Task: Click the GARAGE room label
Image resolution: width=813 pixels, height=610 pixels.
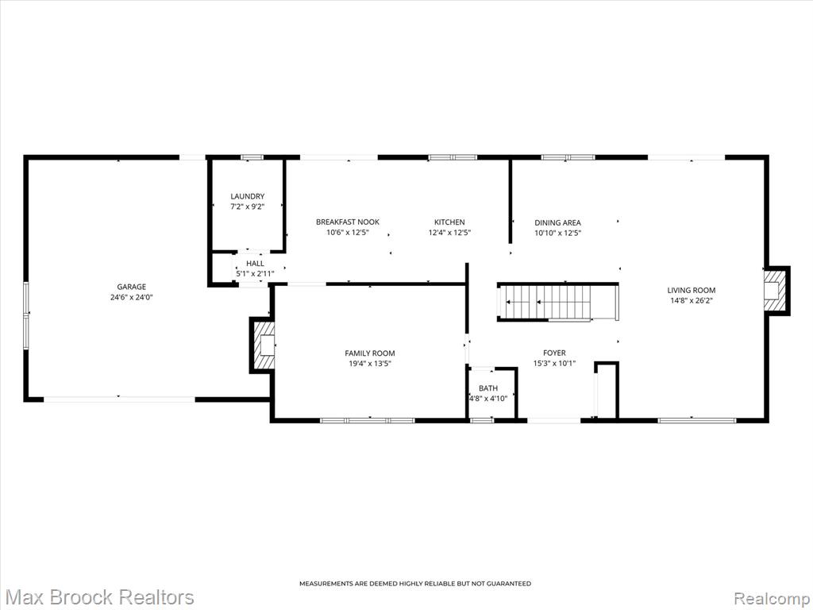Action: pos(131,287)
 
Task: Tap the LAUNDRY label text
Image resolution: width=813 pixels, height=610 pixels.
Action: pos(248,197)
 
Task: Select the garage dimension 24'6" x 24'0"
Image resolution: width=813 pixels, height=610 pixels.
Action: pos(131,298)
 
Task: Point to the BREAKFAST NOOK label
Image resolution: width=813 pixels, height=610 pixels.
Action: pos(348,222)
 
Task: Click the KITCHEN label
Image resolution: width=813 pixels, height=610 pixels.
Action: pos(449,222)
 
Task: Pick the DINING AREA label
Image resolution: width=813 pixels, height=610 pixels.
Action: pos(557,223)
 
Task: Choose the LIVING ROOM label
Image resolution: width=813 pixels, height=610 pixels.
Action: pos(692,291)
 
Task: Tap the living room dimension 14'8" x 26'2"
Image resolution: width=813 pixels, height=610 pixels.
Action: pos(692,300)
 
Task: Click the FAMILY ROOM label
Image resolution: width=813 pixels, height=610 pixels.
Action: pos(370,353)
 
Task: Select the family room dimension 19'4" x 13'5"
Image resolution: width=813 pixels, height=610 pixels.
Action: pos(370,364)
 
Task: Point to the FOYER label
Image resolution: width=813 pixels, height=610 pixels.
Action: pos(554,353)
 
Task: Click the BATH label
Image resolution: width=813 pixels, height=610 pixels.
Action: pos(488,388)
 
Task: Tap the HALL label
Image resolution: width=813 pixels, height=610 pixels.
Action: pos(255,264)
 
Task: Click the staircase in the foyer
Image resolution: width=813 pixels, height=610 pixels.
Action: pos(558,303)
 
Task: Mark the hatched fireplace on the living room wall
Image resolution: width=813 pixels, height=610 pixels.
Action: pos(776,291)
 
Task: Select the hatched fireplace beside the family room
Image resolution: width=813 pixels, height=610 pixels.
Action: pos(262,345)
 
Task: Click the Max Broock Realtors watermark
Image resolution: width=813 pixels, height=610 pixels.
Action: pos(98,597)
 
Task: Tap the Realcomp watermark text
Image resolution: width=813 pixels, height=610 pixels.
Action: pos(772,598)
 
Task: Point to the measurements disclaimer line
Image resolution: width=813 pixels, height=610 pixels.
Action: pos(415,584)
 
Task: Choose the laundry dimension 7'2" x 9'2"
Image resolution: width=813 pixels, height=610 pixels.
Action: pos(248,207)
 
